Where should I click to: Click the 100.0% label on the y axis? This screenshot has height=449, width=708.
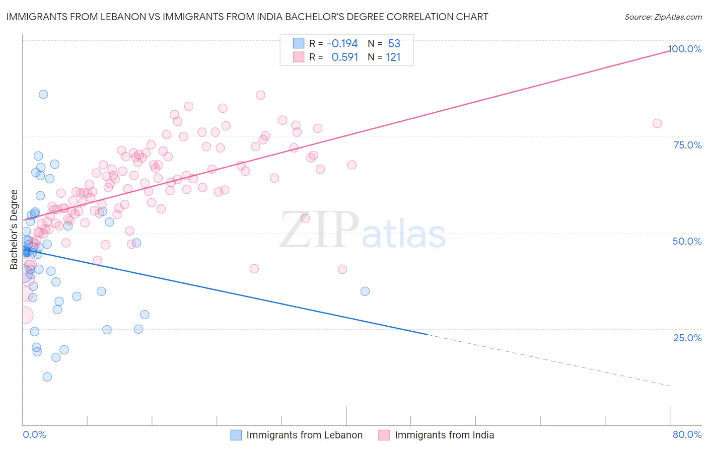684,49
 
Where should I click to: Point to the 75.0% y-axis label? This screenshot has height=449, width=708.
687,145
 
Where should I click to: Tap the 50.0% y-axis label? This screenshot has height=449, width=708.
687,241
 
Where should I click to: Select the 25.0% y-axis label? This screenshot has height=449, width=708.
687,337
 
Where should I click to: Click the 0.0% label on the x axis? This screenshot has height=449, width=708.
34,434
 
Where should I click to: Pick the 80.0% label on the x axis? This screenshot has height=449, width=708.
687,434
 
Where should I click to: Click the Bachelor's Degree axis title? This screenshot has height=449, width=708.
14,229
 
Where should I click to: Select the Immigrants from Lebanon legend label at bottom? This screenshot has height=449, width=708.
304,435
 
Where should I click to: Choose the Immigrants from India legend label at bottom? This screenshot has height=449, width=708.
444,435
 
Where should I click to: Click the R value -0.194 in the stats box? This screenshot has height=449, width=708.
342,43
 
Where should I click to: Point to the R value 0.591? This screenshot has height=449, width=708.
344,57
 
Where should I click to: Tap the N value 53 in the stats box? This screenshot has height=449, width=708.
394,43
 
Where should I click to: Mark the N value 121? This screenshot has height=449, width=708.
393,57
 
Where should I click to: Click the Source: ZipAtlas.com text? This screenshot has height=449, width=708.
663,17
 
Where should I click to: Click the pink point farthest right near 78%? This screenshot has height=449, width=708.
657,123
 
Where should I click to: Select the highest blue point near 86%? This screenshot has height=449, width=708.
43,94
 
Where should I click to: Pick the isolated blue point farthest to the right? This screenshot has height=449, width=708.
365,291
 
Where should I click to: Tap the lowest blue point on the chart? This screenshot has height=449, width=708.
47,377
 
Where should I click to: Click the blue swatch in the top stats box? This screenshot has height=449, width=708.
299,43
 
